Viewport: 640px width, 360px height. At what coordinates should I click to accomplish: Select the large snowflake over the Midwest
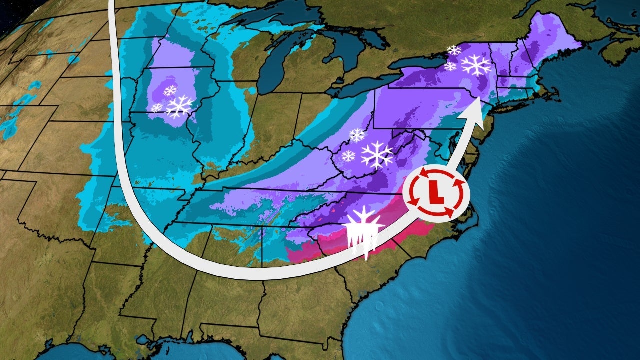[179, 106]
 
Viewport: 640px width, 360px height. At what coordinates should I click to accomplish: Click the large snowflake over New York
[476, 65]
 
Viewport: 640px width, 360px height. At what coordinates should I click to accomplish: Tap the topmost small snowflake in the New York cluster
[454, 50]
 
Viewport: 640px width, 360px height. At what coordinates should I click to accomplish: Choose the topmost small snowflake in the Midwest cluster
[170, 91]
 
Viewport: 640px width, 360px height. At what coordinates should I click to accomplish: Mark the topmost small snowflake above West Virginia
[357, 135]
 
